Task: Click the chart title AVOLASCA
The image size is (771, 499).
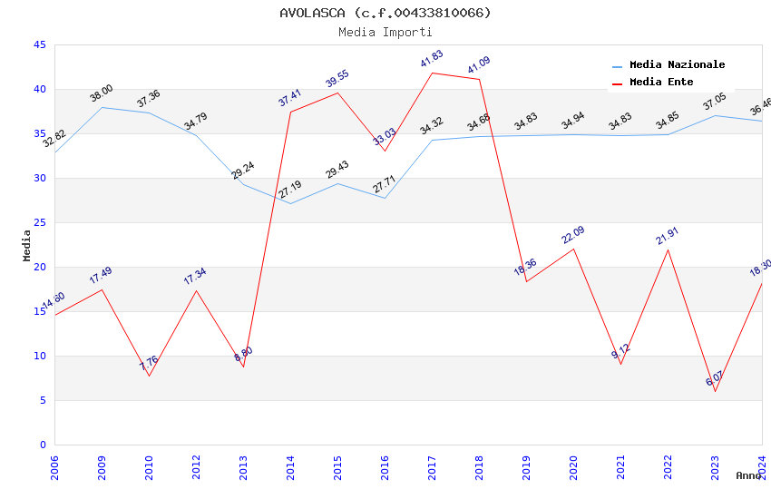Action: [385, 13]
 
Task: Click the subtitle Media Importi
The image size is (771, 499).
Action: [385, 32]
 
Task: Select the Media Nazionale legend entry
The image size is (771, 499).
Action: [677, 65]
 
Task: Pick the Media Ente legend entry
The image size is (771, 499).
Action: [661, 83]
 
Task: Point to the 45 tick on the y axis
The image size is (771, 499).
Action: [39, 44]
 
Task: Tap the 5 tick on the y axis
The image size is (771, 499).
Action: [43, 400]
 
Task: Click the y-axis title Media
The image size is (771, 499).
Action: [27, 245]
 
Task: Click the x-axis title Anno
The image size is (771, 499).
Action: [748, 475]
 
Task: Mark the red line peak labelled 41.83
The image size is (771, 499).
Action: [432, 73]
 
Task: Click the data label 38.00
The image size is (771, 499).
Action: [101, 93]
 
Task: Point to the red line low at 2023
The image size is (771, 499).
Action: [715, 391]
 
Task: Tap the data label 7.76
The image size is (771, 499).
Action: [149, 362]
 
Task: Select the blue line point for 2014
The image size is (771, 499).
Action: [290, 203]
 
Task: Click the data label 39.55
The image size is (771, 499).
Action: [337, 79]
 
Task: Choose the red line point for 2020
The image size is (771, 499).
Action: [573, 249]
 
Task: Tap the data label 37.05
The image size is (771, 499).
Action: [714, 102]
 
